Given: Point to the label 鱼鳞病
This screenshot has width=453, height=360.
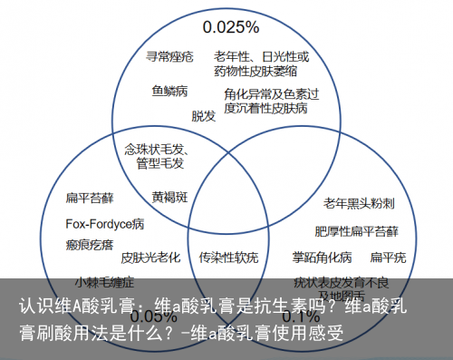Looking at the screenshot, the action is click(x=169, y=91).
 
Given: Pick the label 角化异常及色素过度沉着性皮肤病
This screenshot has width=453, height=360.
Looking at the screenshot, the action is click(x=271, y=101).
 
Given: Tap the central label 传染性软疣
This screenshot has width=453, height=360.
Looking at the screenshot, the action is click(x=228, y=257).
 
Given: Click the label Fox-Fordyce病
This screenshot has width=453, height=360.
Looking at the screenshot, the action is click(x=104, y=222).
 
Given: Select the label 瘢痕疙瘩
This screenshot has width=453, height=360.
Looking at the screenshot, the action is click(x=90, y=245).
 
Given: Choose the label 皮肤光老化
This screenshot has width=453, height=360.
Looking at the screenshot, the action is click(x=150, y=257).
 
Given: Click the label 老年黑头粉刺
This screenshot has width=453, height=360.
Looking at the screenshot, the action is click(x=360, y=201).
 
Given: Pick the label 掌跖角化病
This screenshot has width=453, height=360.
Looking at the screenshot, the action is click(x=321, y=257).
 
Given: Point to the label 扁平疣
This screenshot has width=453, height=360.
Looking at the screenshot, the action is click(x=388, y=257).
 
